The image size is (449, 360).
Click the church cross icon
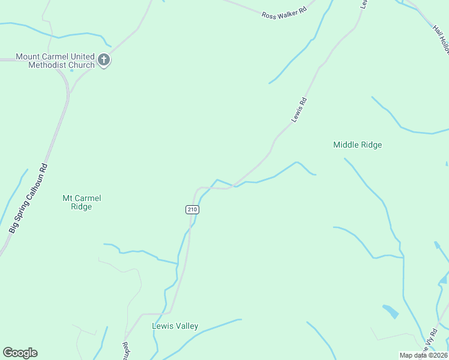click(x=104, y=60)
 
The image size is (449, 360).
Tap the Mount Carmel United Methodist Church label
click(x=55, y=61)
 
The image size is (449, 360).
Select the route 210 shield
click(x=192, y=209)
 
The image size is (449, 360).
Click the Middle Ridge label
click(x=357, y=145)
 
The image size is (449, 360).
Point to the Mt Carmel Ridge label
click(x=82, y=202)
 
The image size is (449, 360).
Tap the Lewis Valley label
click(x=175, y=326)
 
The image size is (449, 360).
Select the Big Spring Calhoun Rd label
click(x=28, y=199)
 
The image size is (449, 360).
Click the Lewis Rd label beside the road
click(x=299, y=110)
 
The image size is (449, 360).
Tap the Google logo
click(x=20, y=353)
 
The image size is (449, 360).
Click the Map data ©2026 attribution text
click(x=423, y=355)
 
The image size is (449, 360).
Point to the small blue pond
click(x=390, y=311)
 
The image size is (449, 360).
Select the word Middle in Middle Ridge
click(x=346, y=145)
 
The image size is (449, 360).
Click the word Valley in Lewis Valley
click(x=186, y=326)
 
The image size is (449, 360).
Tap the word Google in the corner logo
click(x=20, y=353)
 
